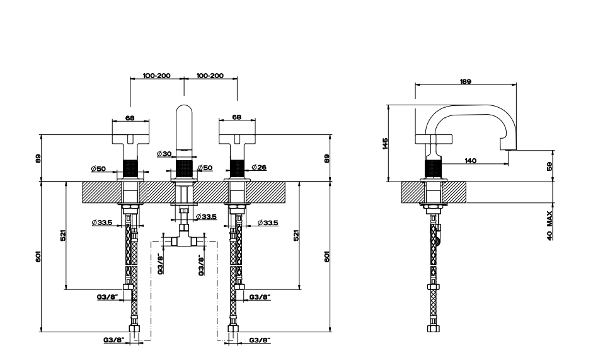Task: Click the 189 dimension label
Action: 466,81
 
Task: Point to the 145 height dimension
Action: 385,144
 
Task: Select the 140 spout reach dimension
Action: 470,161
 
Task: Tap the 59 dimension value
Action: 550,166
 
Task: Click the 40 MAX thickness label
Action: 550,225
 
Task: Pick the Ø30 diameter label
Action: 164,154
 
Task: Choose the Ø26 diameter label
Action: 259,167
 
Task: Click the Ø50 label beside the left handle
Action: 98,169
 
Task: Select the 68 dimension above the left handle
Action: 130,118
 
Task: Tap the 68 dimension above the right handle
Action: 236,117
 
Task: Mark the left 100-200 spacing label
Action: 156,75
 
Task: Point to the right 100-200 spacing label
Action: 210,75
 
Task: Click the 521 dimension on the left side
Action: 63,235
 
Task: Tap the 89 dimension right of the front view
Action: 327,158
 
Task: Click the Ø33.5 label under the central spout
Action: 206,216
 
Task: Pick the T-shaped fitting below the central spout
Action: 184,237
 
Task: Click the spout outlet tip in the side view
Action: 509,150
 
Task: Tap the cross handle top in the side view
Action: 434,139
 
